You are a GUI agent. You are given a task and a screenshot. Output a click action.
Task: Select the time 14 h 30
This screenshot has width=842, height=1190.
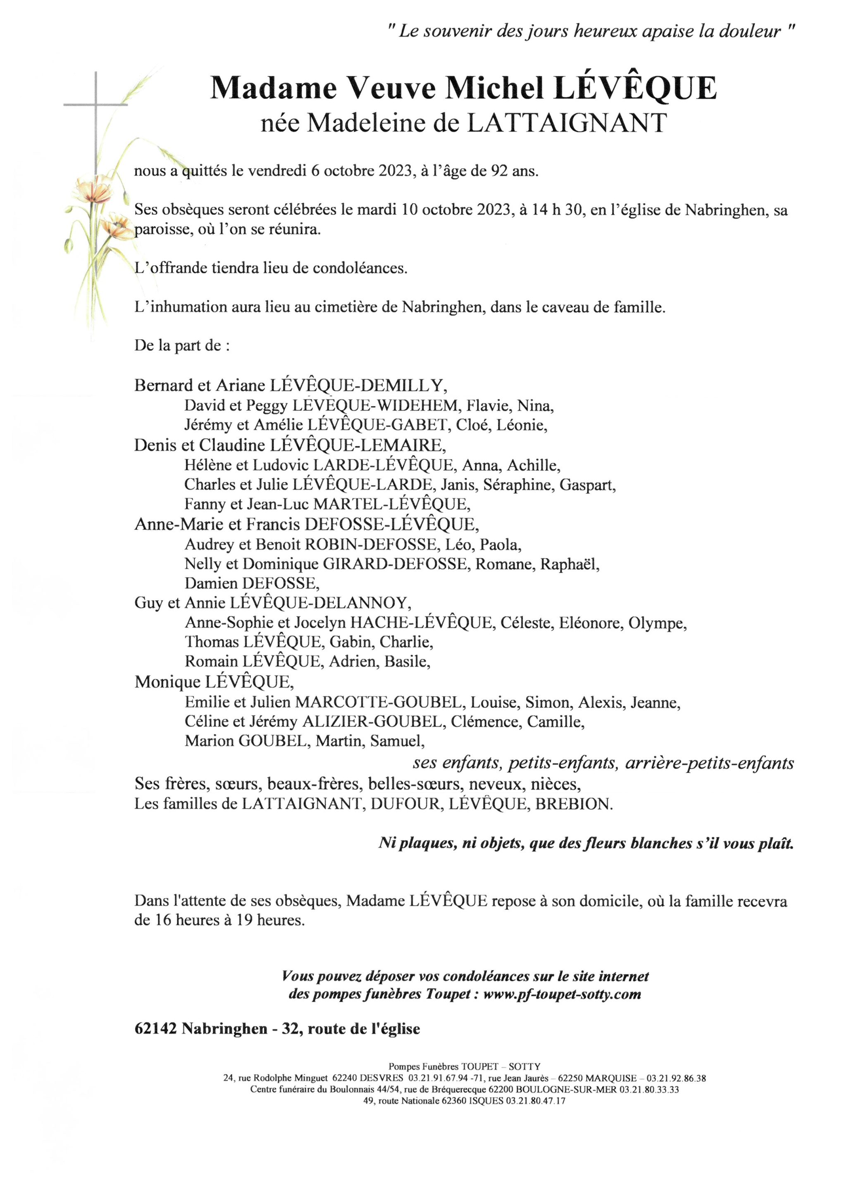point(551,210)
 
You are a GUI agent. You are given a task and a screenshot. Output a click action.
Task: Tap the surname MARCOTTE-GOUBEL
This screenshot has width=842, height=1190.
point(379,702)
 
